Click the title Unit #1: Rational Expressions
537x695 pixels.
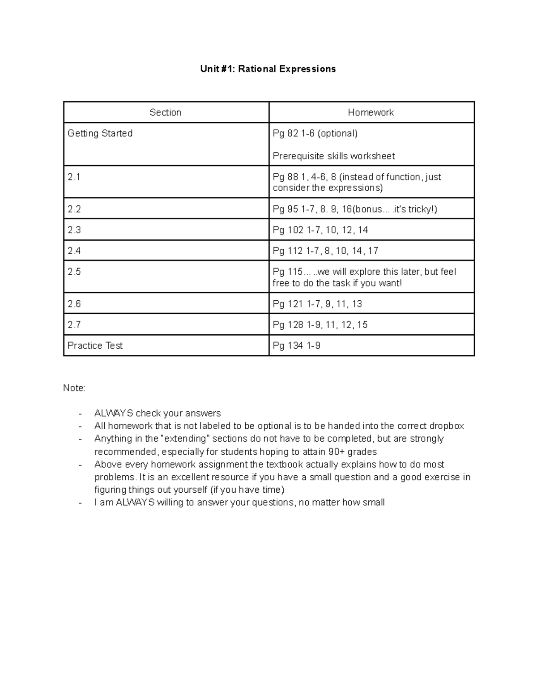268,69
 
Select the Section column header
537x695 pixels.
165,112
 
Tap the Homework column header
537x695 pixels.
371,112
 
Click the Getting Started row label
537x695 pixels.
100,133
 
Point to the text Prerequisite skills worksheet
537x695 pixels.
333,156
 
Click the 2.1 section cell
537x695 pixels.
74,177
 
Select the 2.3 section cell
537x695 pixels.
74,230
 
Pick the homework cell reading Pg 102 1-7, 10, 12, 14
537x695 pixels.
320,230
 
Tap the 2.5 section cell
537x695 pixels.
74,272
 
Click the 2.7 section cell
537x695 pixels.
74,325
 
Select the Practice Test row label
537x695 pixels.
95,346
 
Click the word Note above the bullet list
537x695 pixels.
73,388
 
